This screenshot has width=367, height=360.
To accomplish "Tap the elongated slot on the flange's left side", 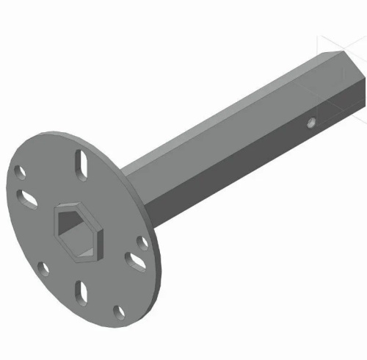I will point(29,197).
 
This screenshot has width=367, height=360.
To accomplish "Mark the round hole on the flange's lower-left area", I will point(43,268).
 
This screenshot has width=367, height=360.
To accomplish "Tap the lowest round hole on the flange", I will point(118,314).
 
